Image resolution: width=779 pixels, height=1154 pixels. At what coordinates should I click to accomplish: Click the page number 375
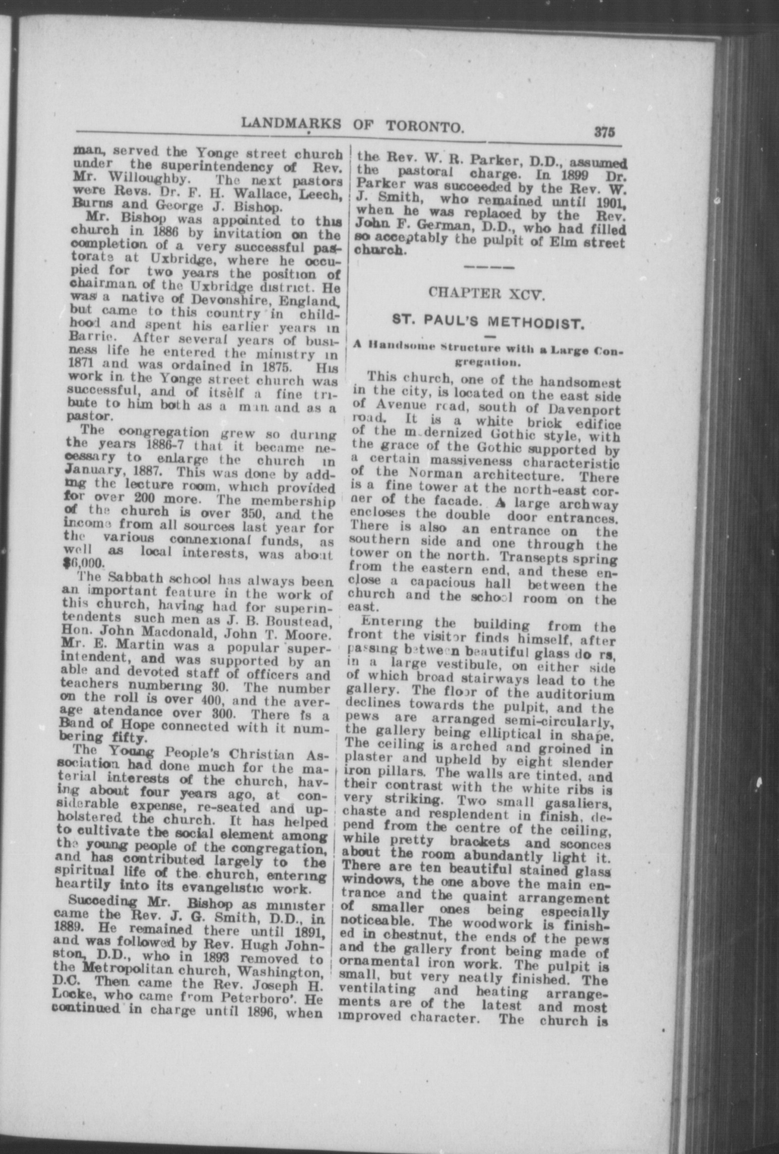603,133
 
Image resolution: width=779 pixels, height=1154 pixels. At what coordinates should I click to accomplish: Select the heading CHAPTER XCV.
487,294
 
